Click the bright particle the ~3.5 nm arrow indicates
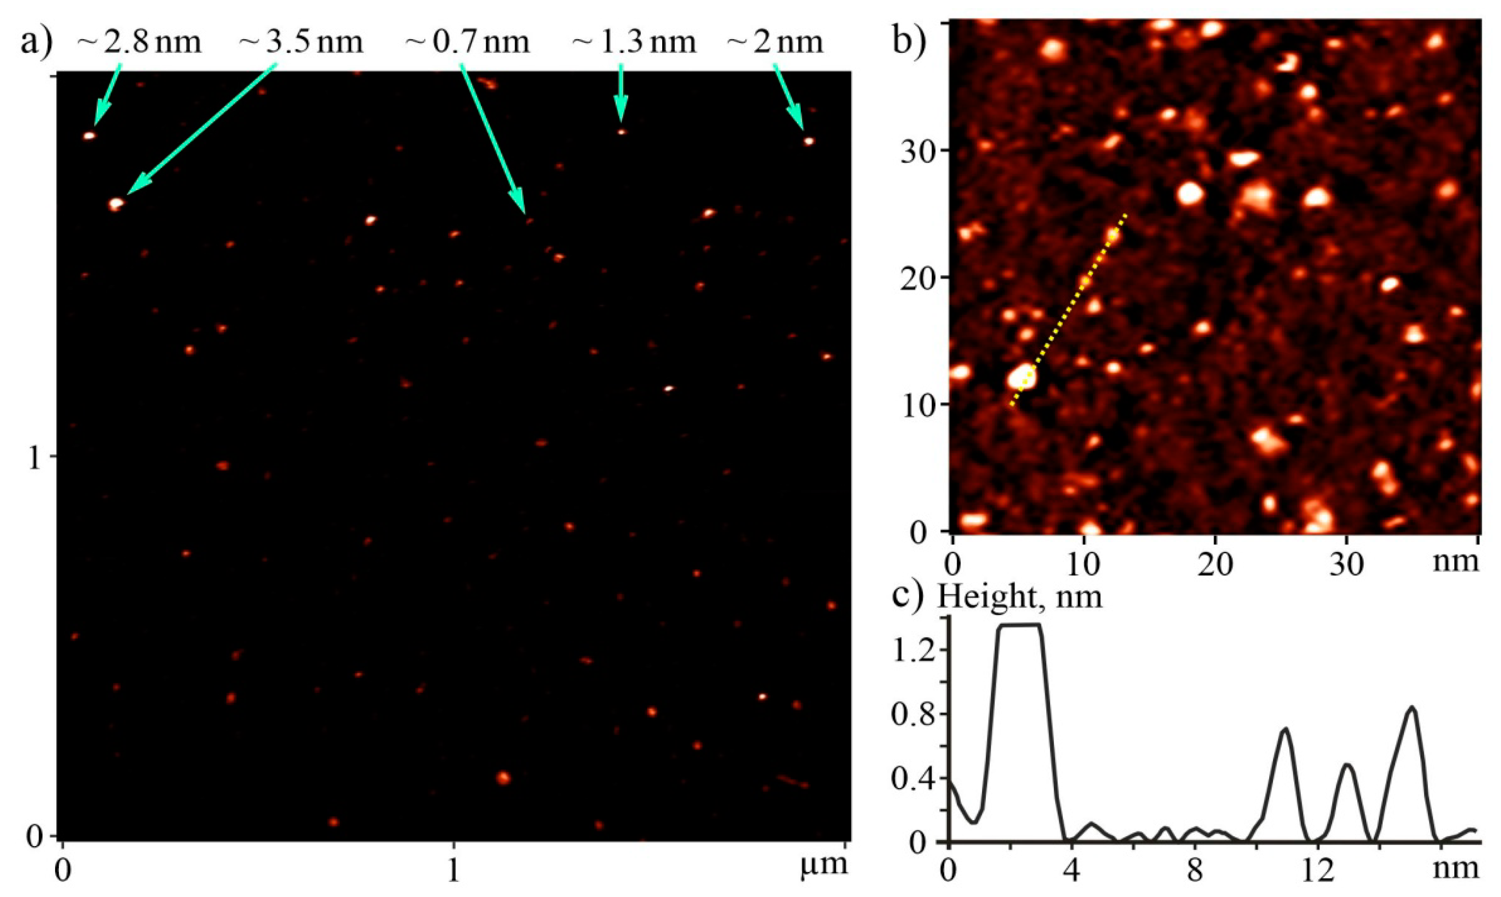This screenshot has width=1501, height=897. [116, 204]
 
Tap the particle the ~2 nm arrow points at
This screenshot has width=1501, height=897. [809, 141]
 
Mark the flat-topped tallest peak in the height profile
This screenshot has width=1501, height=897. [1020, 626]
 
